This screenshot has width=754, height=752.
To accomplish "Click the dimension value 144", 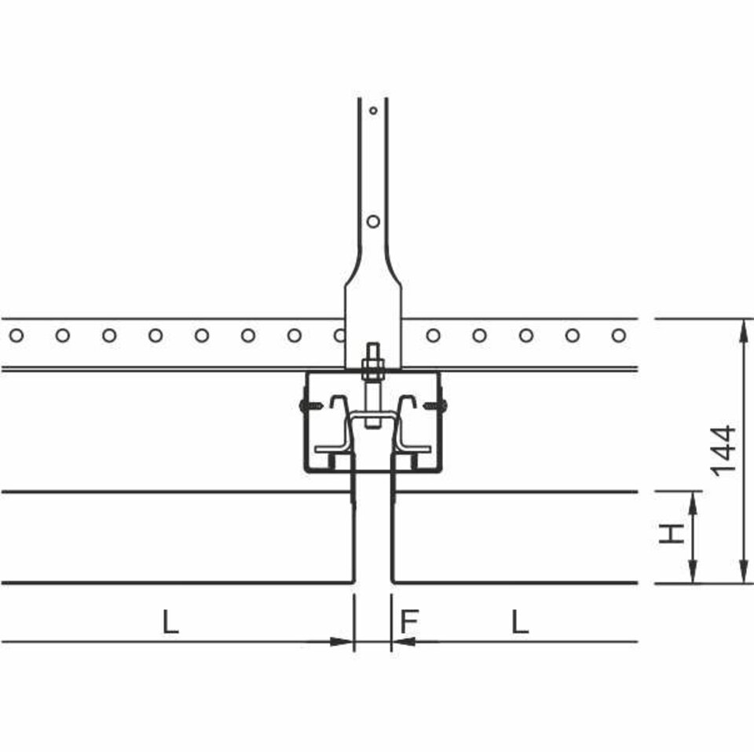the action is pos(723,451).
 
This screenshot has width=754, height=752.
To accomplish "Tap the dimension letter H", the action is pos(671,533).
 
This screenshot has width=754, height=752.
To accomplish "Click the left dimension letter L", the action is pos(170,621).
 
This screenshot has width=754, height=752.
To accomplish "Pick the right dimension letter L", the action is pos(520,621).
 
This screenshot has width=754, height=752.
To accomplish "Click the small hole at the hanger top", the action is pos(373,111).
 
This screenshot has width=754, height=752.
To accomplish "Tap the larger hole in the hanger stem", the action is pos(373,221).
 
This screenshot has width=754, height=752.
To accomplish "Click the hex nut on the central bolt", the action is pos(373,370).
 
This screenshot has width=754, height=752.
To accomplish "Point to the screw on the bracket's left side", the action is pos(312,406).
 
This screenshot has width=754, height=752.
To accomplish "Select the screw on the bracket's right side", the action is pos(435,406).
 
